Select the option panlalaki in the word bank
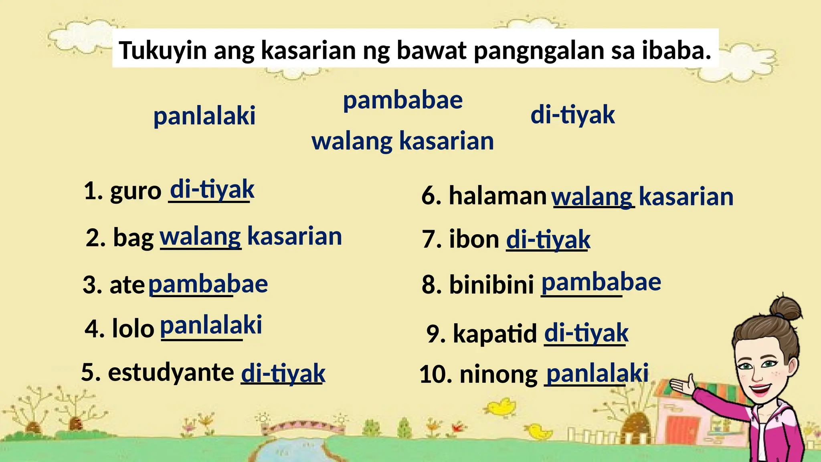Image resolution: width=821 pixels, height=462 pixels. tap(204, 116)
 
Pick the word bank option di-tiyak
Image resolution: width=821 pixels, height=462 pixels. tap(572, 115)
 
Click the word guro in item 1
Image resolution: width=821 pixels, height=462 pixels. tap(135, 191)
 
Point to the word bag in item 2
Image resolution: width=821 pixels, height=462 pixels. tap(133, 238)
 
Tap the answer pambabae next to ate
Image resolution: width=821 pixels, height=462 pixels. tap(208, 284)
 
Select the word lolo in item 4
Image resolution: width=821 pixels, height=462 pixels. tap(133, 328)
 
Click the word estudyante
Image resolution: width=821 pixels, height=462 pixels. tap(171, 372)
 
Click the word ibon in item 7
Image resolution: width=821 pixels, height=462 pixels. tap(474, 239)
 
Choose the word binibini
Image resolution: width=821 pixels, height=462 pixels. tap(491, 284)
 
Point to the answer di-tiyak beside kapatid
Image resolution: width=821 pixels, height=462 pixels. tap(586, 333)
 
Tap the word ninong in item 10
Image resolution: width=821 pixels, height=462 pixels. tap(498, 374)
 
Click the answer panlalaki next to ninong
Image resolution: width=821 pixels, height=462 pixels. tap(597, 373)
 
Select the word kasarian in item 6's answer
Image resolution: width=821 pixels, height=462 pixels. tap(686, 197)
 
